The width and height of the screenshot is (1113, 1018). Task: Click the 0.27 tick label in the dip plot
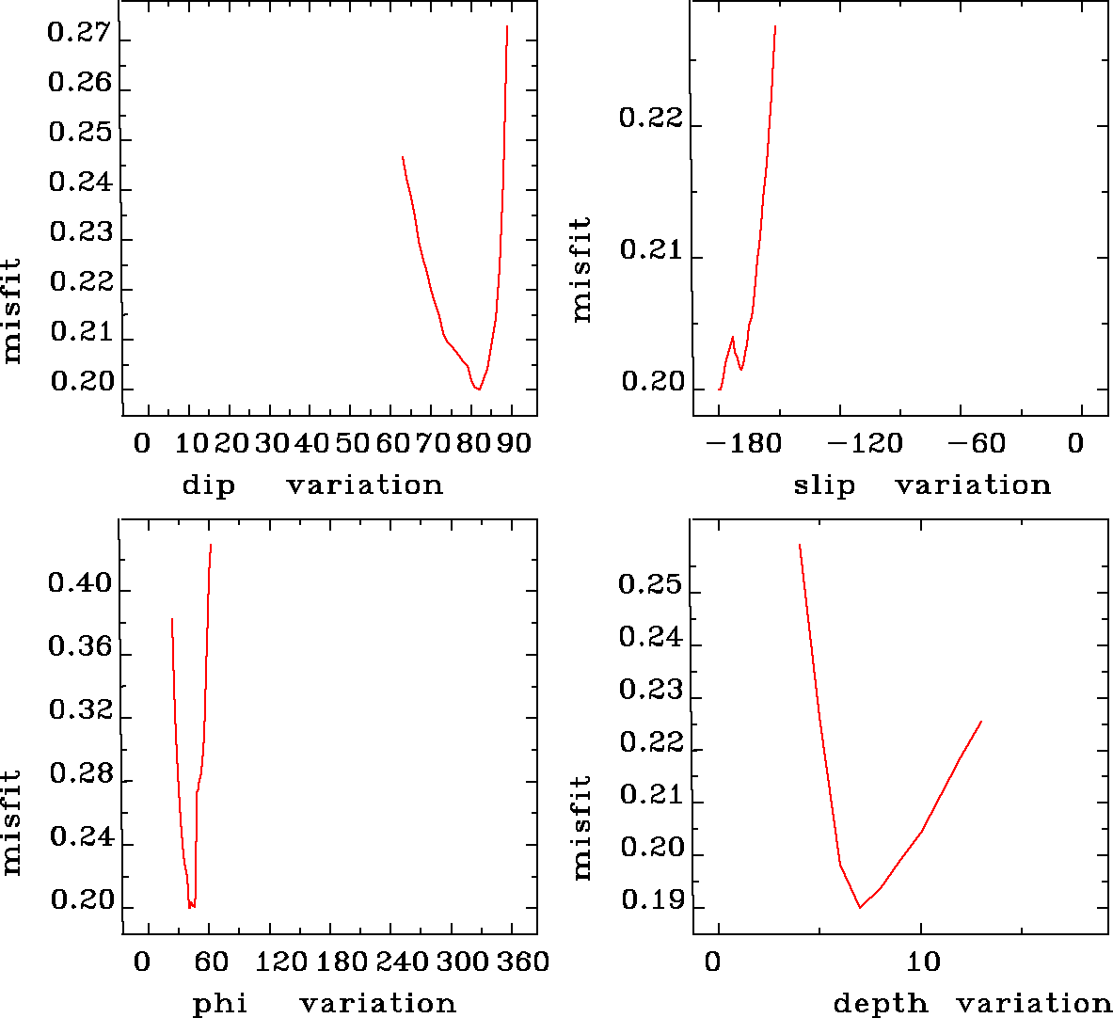point(79,34)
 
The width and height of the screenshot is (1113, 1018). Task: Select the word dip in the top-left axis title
point(208,485)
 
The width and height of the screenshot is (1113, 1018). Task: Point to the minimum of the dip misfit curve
point(479,389)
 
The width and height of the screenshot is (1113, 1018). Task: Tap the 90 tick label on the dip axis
point(515,443)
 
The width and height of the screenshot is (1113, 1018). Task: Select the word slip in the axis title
point(824,485)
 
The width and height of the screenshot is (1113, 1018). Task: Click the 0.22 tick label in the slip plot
point(650,119)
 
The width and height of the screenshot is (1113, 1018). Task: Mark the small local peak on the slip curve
point(732,337)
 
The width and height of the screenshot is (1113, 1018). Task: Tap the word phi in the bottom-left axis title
point(219,1004)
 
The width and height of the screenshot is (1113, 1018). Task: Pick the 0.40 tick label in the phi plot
point(79,584)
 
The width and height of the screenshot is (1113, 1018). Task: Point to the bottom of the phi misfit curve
point(190,907)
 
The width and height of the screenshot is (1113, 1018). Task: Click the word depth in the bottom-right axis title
point(881,1004)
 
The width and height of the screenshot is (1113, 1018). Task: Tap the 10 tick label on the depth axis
point(924,962)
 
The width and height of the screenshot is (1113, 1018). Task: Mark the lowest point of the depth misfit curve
point(860,908)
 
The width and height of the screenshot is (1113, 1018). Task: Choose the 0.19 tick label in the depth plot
point(650,901)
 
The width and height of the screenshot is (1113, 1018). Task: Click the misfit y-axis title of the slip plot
point(581,269)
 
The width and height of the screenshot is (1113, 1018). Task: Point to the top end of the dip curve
point(507,26)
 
